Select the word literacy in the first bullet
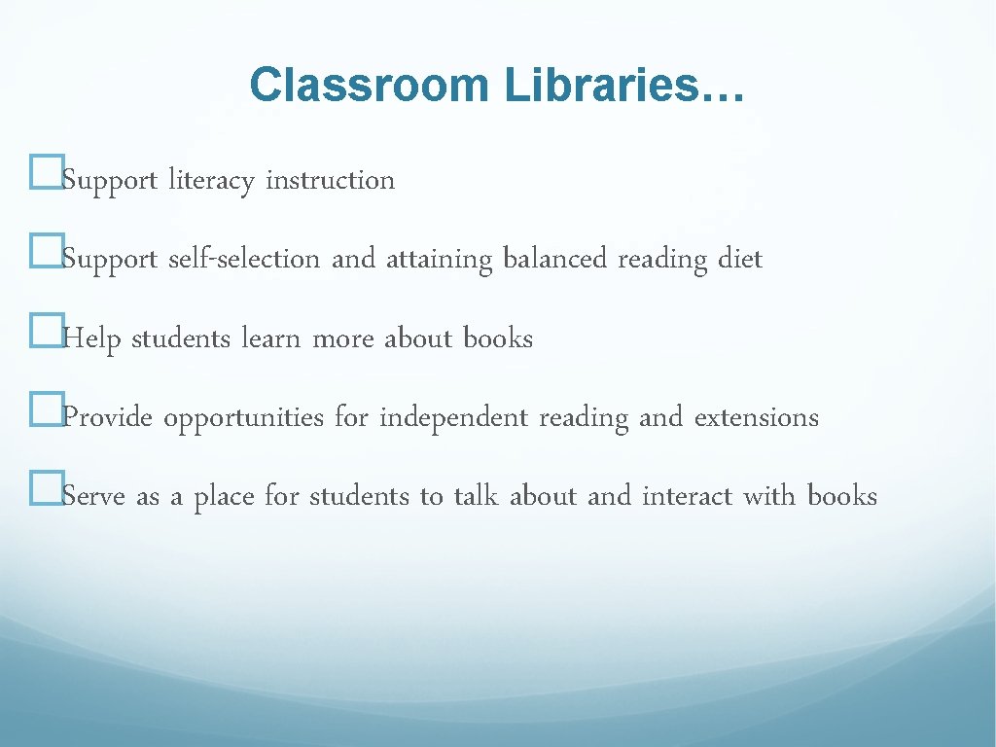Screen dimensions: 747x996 (x=211, y=181)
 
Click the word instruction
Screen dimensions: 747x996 (x=330, y=181)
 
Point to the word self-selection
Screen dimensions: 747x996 (x=244, y=260)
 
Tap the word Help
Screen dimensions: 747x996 (x=91, y=339)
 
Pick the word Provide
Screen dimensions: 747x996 (x=107, y=418)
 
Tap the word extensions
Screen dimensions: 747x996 (x=756, y=418)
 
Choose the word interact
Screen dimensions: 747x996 (x=687, y=497)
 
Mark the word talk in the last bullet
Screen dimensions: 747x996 (x=478, y=497)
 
